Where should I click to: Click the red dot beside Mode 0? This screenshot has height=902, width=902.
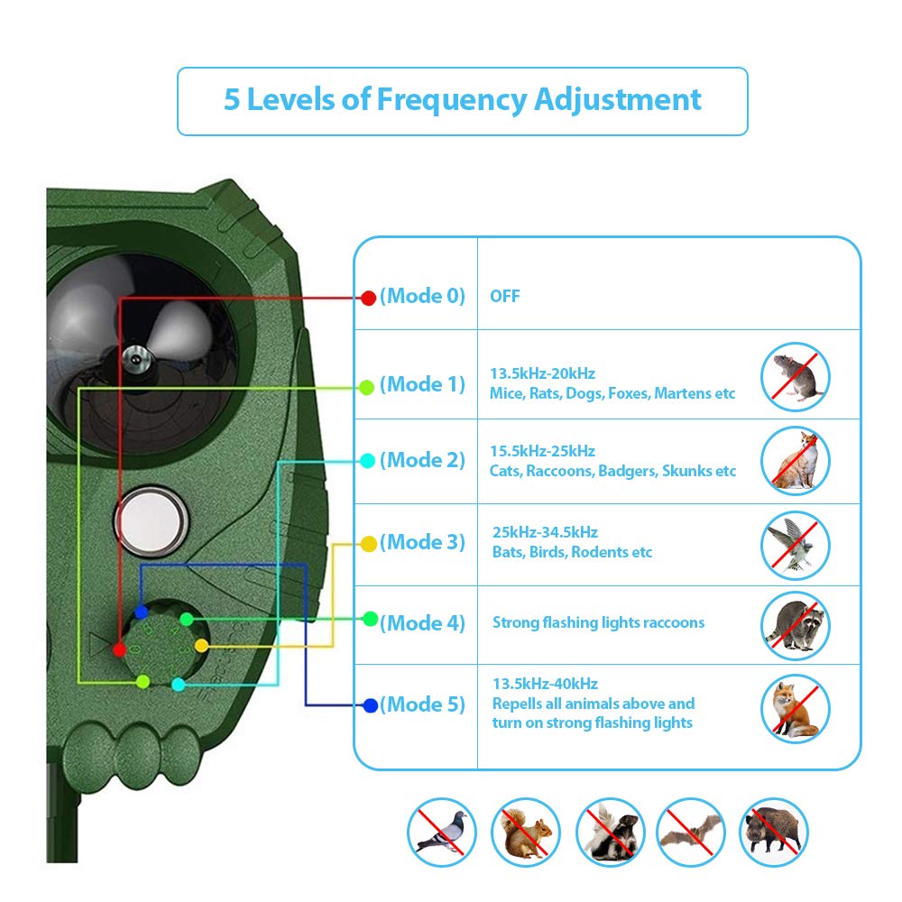pos(368,298)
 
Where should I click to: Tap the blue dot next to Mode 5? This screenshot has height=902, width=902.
pos(370,705)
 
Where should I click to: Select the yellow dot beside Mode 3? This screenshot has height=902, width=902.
pos(368,544)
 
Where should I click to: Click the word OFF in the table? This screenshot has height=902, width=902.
pos(505,297)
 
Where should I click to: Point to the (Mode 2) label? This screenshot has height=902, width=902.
pos(422,460)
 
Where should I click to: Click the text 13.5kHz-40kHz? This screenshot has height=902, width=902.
pos(545,684)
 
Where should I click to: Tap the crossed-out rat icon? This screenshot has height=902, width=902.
pos(795,376)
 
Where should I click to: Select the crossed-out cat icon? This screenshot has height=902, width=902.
pos(795,459)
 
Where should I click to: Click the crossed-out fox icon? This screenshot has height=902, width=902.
pos(795,708)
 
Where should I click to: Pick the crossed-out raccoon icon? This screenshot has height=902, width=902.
pos(795,625)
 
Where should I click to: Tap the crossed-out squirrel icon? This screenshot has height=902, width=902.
pos(526,832)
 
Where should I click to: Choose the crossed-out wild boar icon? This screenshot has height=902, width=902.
pos(773,832)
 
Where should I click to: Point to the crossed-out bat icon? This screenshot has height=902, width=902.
pos(691,832)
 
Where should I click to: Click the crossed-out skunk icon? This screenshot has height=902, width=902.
pos(610,832)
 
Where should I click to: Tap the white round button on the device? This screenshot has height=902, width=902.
pos(146,520)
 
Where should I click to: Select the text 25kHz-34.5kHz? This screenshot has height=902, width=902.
pos(545,532)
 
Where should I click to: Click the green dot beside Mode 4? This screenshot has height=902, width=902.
pos(370,619)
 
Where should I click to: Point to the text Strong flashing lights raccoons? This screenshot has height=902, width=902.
pos(598,622)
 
